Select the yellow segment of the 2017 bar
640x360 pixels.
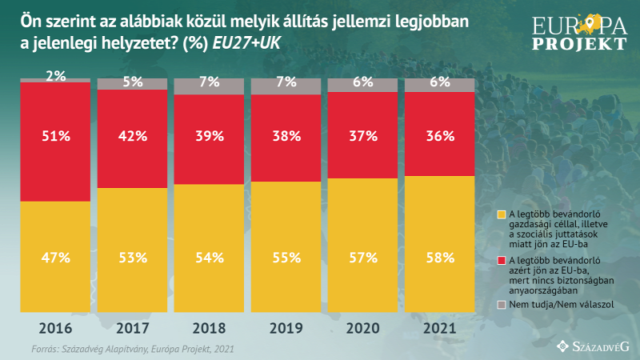tap(133, 250)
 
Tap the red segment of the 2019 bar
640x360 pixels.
tap(286, 138)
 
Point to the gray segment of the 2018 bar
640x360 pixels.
tap(210, 86)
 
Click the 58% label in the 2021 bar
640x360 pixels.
tap(440, 258)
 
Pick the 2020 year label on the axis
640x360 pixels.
tap(363, 329)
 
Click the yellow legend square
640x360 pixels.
tap(502, 214)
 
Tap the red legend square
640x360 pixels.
tap(502, 261)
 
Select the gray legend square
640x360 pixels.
tap(502, 306)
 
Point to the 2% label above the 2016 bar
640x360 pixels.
tap(56, 76)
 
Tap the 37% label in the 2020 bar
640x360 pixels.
tap(363, 136)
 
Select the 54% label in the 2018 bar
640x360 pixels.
tap(210, 258)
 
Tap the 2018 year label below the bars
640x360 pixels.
tap(210, 329)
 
